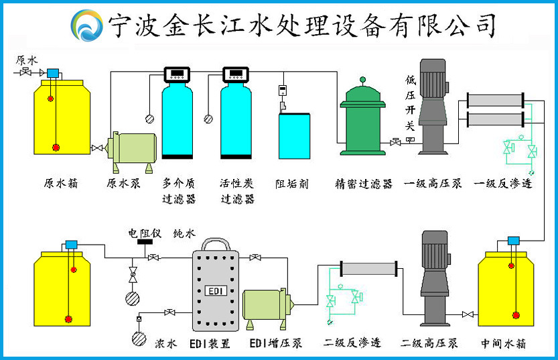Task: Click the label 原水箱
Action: click(61, 183)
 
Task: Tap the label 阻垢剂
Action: click(292, 183)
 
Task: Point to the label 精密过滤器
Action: click(363, 183)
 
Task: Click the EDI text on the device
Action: click(216, 290)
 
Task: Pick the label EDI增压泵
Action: click(275, 343)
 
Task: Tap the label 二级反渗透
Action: click(352, 343)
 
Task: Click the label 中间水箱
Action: click(504, 343)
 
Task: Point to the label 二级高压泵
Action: click(429, 343)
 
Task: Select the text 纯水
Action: click(184, 233)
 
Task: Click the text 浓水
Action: click(166, 343)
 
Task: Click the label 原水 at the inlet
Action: click(27, 60)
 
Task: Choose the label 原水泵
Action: click(124, 183)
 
